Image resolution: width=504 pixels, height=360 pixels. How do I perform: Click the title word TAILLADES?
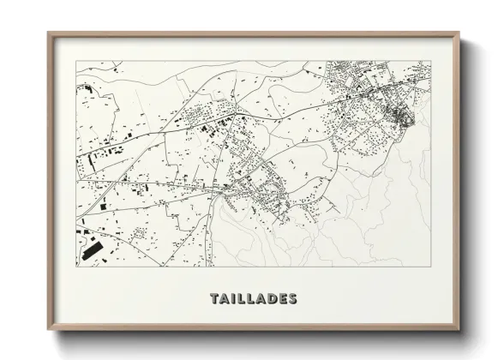pyautogui.click(x=254, y=299)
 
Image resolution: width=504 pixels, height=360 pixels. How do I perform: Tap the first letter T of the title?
pyautogui.click(x=214, y=299)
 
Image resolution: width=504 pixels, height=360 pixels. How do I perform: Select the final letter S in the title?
pyautogui.click(x=293, y=299)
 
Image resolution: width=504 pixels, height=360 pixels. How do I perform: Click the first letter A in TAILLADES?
pyautogui.click(x=225, y=299)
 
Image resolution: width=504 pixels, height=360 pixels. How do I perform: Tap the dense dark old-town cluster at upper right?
pyautogui.click(x=398, y=114)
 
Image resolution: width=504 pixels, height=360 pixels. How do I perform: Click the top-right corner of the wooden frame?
pyautogui.click(x=457, y=33)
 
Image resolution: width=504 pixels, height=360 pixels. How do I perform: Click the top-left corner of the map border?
pyautogui.click(x=76, y=61)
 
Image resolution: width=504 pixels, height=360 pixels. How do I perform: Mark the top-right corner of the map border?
pyautogui.click(x=429, y=61)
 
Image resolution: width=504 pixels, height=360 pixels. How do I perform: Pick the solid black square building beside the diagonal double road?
pyautogui.click(x=207, y=129)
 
